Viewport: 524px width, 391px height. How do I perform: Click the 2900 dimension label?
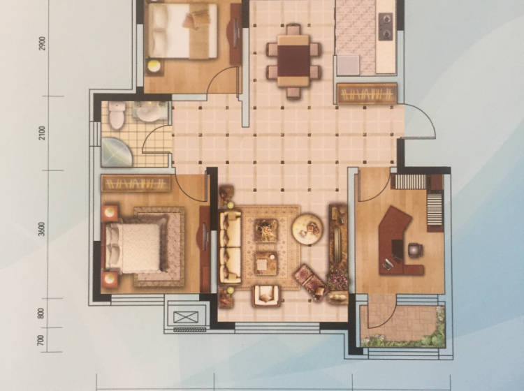point(42,43)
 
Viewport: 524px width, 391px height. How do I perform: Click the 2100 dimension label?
point(42,133)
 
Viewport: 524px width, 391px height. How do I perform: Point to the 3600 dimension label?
point(41,229)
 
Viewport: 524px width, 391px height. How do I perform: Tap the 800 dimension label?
point(41,313)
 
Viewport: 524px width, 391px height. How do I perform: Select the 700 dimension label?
point(41,340)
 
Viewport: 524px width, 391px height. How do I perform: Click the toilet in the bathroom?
point(117,115)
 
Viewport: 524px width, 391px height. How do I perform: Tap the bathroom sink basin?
point(149,112)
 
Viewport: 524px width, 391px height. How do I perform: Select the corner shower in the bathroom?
point(117,152)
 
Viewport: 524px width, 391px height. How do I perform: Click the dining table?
point(293,61)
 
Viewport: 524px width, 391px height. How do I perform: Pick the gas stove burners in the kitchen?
point(385,27)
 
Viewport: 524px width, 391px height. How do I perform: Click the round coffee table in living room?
point(307,229)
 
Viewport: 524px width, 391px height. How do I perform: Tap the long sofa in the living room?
point(231,246)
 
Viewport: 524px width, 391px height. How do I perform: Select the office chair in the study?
point(415,249)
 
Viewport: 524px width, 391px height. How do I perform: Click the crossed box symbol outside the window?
point(186,317)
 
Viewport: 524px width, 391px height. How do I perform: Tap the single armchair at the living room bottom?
point(266,296)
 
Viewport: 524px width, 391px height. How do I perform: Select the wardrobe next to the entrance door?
point(367,94)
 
